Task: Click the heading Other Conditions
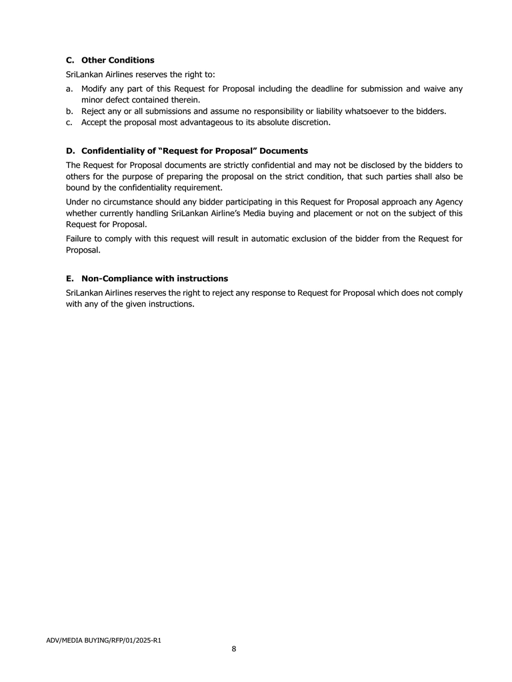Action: pyautogui.click(x=117, y=60)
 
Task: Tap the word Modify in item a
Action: pyautogui.click(x=95, y=89)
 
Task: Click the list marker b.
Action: pyautogui.click(x=69, y=111)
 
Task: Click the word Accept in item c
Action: pyautogui.click(x=95, y=123)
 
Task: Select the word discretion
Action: pyautogui.click(x=308, y=123)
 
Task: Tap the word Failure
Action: pyautogui.click(x=80, y=238)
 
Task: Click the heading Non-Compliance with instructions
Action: pyautogui.click(x=155, y=278)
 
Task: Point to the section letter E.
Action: pyautogui.click(x=69, y=278)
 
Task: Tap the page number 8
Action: pyautogui.click(x=234, y=649)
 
